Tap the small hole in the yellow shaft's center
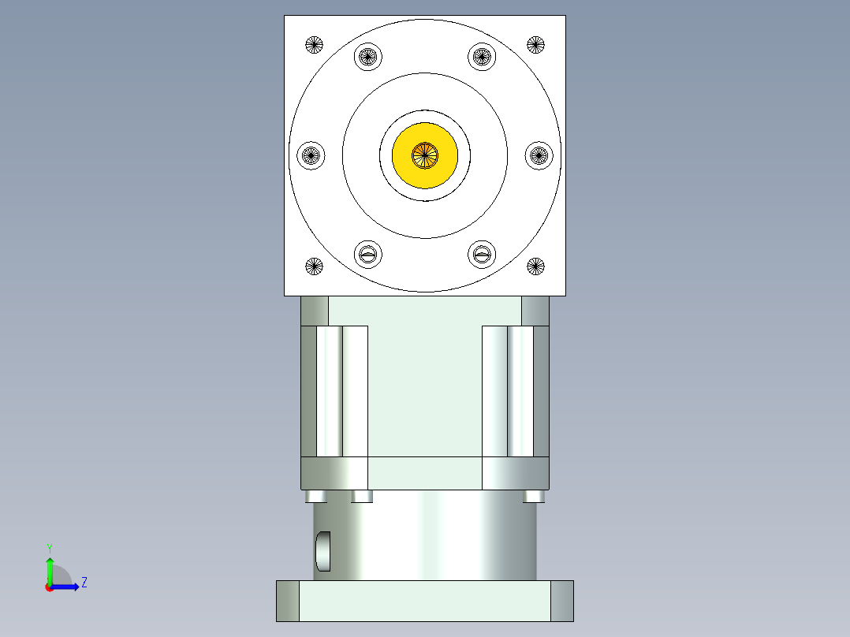[425, 155]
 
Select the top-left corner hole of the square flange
[314, 44]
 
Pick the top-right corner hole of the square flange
[536, 44]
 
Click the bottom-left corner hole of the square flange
[314, 266]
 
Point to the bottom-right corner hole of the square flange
[536, 266]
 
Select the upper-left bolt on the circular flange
[367, 56]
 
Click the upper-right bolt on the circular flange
[482, 56]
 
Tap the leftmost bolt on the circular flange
[311, 155]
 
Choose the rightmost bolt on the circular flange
[539, 155]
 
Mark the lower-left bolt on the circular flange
[367, 254]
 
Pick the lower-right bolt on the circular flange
[482, 254]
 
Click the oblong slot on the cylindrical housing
[322, 551]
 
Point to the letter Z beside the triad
[84, 583]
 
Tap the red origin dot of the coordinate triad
[49, 587]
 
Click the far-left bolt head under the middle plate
[315, 496]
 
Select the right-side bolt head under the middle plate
[534, 496]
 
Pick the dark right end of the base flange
[561, 601]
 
